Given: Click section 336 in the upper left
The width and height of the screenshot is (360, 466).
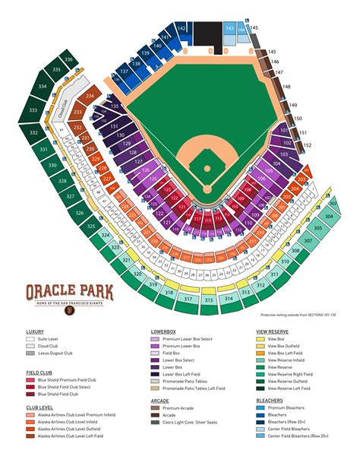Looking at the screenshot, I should pyautogui.click(x=69, y=59).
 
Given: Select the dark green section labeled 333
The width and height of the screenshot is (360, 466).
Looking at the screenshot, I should pyautogui.click(x=33, y=111).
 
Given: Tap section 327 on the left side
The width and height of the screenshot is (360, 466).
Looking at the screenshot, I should pyautogui.click(x=69, y=195).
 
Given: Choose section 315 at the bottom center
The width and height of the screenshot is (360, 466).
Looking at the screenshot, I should pyautogui.click(x=208, y=300).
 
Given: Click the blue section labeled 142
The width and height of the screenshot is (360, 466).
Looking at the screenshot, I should pyautogui.click(x=182, y=28).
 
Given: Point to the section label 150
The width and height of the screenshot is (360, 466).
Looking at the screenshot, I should pyautogui.click(x=298, y=119).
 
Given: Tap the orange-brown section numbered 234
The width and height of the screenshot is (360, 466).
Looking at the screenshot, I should pyautogui.click(x=90, y=97).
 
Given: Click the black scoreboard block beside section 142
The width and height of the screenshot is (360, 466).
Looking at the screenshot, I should pyautogui.click(x=207, y=33).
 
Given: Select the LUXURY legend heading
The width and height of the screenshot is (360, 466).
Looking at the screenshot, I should pyautogui.click(x=36, y=332).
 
